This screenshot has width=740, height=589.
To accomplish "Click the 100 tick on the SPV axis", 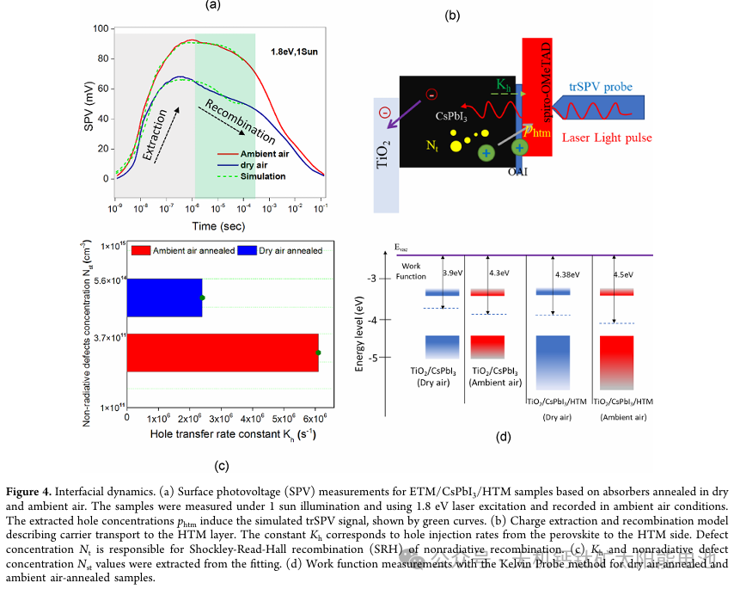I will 101,28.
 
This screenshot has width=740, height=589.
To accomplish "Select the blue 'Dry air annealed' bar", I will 164,298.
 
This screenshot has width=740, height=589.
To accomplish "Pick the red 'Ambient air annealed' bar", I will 223,353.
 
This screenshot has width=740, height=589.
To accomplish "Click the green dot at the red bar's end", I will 318,353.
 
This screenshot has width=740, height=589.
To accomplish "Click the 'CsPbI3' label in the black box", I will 452,115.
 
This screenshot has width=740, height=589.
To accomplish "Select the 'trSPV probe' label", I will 601,87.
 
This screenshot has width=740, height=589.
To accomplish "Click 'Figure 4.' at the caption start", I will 34,493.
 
